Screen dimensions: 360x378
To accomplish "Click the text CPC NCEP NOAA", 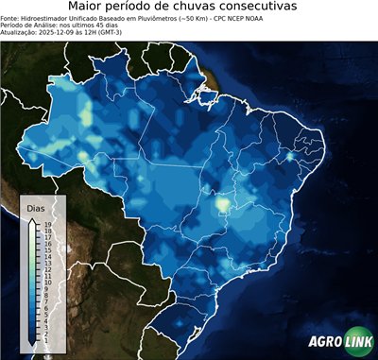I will (266, 17).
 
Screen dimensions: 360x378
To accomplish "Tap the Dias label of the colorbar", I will (36, 206).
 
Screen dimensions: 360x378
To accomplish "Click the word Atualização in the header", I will (21, 32).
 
